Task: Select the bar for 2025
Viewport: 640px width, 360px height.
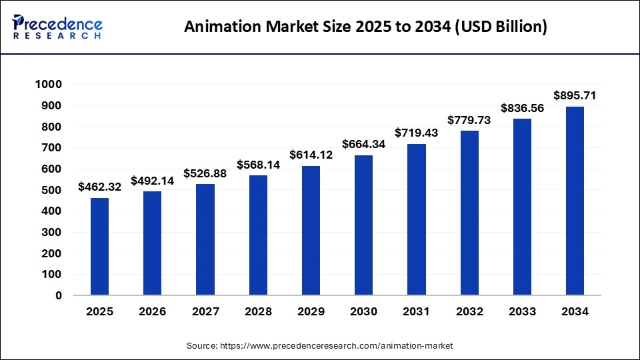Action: coord(99,247)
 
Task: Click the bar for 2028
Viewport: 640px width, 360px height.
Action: coord(259,235)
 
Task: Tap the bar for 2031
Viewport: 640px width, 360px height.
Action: coord(416,219)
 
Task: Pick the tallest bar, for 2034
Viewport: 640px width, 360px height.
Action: coord(575,201)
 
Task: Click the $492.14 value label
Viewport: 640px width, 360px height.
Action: coord(152,181)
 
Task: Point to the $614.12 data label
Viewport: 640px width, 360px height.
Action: coord(311,155)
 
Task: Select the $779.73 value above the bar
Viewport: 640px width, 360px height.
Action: coord(469,121)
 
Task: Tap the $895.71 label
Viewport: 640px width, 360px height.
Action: coord(575,95)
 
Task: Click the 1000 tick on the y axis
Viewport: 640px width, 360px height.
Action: coord(49,84)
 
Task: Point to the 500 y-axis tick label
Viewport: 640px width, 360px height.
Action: coord(52,190)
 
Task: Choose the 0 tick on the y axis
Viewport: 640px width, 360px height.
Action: coord(59,295)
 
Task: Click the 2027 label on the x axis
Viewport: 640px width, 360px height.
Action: coord(205,311)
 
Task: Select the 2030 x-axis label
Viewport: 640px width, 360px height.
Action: coord(364,311)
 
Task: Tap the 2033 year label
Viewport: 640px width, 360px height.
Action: coord(522,311)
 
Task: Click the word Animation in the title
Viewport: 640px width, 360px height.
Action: coord(223,27)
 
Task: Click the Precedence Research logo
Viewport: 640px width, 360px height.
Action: coord(57,27)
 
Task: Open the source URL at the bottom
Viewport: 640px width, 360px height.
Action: coord(336,346)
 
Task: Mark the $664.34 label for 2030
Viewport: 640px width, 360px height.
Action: coord(364,144)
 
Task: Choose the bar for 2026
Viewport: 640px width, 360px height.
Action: coord(152,243)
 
